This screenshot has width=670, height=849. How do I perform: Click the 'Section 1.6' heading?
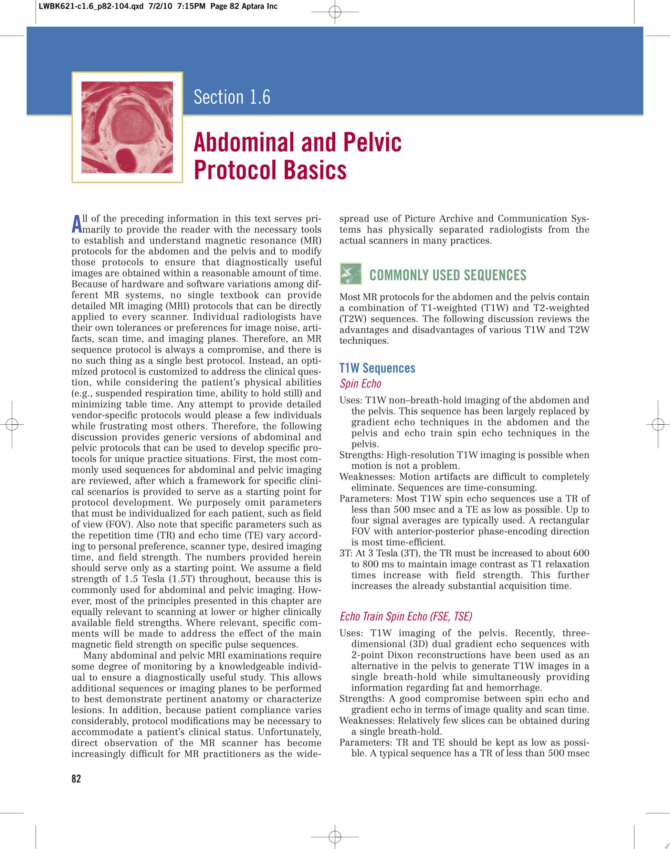[x=232, y=97]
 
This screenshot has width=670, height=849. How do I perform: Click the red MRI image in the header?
[x=127, y=127]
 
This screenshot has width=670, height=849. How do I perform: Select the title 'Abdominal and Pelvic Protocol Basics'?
[x=297, y=156]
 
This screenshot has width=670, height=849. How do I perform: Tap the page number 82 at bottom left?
[x=76, y=778]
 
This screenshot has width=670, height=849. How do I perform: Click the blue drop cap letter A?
[x=77, y=224]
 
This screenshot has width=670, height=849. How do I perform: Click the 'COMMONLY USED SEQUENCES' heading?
[x=448, y=275]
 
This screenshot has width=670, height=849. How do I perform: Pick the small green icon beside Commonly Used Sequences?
[x=350, y=273]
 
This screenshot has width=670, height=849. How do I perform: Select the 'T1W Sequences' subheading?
[x=377, y=368]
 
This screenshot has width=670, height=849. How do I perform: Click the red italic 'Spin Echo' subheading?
[x=360, y=383]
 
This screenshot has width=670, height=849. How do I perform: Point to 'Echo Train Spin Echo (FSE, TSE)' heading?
[x=406, y=617]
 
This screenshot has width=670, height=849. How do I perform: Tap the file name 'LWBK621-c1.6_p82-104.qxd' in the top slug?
[x=91, y=6]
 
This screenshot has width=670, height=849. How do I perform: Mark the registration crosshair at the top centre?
[x=335, y=12]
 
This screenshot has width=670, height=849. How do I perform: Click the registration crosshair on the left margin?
[x=12, y=424]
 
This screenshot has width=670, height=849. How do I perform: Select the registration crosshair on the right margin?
[x=658, y=424]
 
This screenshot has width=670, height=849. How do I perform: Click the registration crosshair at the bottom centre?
[x=335, y=837]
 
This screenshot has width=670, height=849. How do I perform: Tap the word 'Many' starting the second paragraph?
[x=95, y=655]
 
